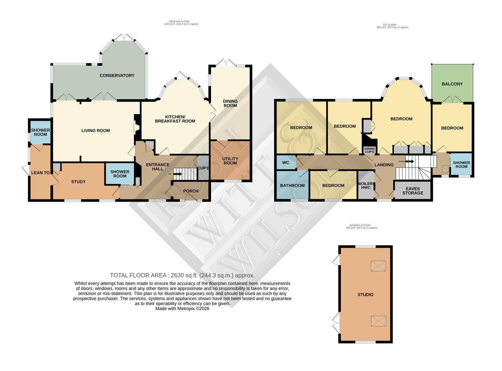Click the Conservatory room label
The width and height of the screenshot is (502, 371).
coord(117,76)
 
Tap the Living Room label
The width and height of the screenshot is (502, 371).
coord(96,131)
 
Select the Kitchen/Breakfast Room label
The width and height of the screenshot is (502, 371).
coord(175,119)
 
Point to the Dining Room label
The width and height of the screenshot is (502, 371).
coord(230,103)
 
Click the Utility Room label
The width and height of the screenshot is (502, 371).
coord(230,161)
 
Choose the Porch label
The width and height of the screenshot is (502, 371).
coord(191,191)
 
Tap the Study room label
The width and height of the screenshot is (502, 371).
coord(78,182)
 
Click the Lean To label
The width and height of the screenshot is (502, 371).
coord(40,173)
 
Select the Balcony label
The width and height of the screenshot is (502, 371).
coord(452,84)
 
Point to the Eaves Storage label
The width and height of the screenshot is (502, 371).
coord(413,191)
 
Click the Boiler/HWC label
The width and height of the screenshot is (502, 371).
coord(366,185)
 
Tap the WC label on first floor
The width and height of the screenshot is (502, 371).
coord(286,163)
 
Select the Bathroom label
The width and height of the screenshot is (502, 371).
coord(292,185)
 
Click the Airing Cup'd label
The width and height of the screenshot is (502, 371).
coord(370,150)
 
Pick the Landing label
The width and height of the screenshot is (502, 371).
coord(384,165)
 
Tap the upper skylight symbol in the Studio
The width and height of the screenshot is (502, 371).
coord(378,266)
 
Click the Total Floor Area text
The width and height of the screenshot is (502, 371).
coord(182,275)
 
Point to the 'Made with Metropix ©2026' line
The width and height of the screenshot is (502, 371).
coord(182,308)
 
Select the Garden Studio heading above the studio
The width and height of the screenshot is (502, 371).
coord(362,226)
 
